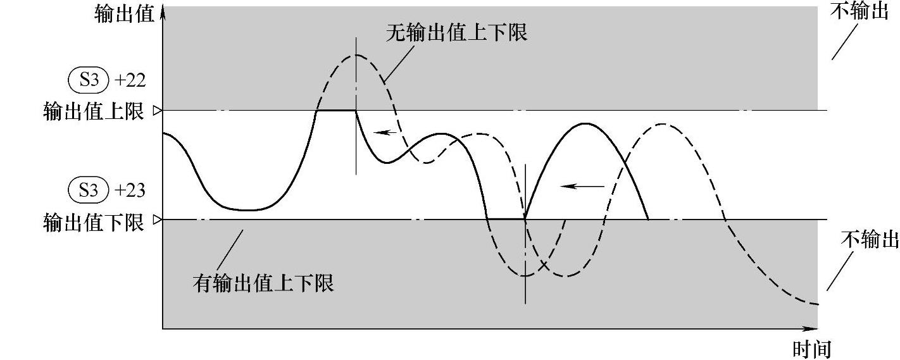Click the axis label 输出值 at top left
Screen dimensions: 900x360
click(124, 15)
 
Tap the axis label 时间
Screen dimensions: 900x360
click(812, 348)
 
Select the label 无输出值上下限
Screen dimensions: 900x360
click(456, 32)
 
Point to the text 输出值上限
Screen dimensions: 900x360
click(94, 112)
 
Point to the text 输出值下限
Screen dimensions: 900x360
click(94, 222)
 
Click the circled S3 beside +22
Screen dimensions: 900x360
click(89, 80)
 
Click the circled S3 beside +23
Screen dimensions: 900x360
click(89, 190)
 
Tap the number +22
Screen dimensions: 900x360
click(131, 80)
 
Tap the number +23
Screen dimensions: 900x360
click(131, 190)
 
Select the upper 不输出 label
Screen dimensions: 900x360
click(859, 13)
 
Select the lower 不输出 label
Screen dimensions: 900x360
click(870, 240)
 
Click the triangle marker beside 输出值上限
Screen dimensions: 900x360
click(158, 111)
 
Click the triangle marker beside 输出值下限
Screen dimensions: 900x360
click(158, 220)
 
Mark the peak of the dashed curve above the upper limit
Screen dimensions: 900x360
click(356, 55)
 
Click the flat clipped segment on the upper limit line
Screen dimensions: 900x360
click(336, 111)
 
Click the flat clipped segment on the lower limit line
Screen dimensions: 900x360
click(506, 219)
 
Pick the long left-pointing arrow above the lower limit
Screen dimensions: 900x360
click(582, 187)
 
